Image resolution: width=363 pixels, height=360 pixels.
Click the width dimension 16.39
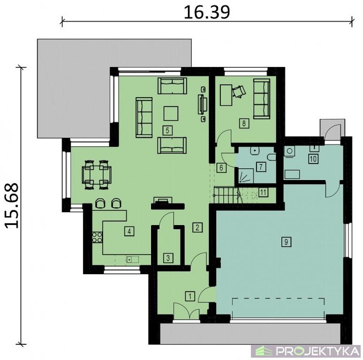pos(207,12)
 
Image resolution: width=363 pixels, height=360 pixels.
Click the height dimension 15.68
pos(12,205)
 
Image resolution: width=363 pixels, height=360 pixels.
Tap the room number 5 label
pos(167,130)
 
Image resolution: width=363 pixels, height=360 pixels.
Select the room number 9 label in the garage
pos(286,242)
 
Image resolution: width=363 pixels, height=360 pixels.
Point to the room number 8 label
pos(244,123)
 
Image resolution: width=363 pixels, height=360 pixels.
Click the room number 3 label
pos(168,258)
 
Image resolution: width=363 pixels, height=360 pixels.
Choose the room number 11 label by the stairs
pos(263,192)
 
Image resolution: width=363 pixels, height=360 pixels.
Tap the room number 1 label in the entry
pos(190,296)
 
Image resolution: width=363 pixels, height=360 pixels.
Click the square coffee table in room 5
pos(171,113)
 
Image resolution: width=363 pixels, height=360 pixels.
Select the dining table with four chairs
pos(97,175)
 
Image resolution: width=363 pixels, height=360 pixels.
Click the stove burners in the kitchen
pos(97,237)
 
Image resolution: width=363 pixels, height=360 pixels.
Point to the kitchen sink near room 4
pos(132,259)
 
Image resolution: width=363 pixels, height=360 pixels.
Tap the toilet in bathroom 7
pos(272,157)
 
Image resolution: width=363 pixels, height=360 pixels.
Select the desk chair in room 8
pos(239,91)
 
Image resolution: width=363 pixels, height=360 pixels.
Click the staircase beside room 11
pos(226,195)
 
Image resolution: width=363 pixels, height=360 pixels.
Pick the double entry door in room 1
pos(186,311)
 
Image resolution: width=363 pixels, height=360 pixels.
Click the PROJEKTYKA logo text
pos(318,351)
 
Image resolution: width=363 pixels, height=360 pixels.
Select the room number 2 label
pos(197,227)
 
